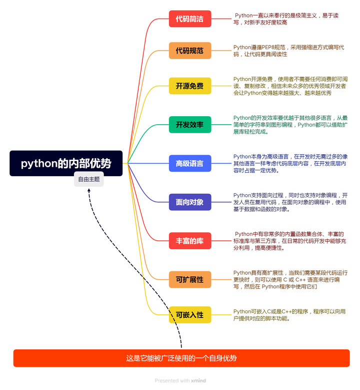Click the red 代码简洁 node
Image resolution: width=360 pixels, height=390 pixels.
coord(190,19)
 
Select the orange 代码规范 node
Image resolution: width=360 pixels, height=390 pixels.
coord(190,51)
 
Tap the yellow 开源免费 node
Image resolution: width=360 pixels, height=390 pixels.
coord(190,86)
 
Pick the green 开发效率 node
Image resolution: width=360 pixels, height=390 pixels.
coord(190,125)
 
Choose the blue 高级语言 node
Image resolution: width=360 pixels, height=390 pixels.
coord(190,163)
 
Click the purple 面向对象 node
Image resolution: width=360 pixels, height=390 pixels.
coord(190,202)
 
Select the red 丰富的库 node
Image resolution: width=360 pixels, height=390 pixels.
coord(190,241)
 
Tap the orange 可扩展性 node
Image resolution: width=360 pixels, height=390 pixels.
coord(190,279)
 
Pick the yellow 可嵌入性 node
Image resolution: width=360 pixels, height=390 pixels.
coord(190,315)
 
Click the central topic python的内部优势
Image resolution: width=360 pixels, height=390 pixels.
coord(66,163)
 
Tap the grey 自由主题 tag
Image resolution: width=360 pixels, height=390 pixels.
coord(88,179)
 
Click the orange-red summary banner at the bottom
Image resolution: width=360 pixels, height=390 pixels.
coord(181,358)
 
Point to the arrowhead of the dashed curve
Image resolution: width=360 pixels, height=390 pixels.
coord(89,190)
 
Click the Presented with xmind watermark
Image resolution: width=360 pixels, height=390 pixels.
coord(180,380)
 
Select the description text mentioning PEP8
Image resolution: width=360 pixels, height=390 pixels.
coord(288,51)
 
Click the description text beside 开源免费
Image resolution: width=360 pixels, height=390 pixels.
coord(290,86)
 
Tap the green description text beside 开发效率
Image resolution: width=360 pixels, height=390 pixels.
coord(290,125)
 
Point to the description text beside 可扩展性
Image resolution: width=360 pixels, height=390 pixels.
coord(290,279)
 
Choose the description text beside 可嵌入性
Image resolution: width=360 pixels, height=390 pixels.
coord(289,315)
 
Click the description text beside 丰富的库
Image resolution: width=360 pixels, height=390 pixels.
coord(289,241)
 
